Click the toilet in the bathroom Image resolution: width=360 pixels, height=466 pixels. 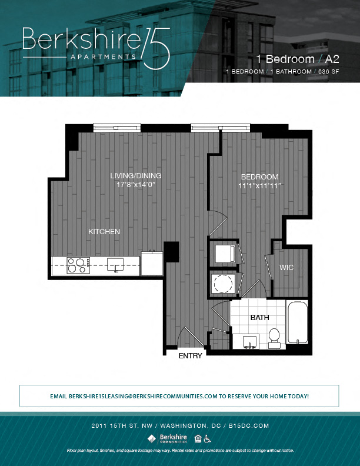[x=274, y=337]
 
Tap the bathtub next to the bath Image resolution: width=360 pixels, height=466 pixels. [x=297, y=322]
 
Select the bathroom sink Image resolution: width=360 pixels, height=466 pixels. [x=248, y=341]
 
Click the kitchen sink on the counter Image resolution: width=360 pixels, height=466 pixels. [x=115, y=264]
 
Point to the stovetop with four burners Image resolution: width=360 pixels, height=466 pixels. [x=78, y=265]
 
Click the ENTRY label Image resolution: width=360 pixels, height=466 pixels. [x=191, y=355]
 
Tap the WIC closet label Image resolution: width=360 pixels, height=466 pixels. [x=286, y=268]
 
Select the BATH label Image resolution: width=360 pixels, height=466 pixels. [x=259, y=317]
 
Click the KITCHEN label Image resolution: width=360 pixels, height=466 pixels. [x=104, y=232]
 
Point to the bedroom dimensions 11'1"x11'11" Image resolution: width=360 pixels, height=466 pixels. [x=259, y=186]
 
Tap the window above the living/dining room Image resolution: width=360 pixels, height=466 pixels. [x=117, y=127]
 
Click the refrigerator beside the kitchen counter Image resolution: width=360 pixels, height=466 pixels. [x=152, y=264]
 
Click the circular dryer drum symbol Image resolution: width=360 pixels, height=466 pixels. [x=223, y=284]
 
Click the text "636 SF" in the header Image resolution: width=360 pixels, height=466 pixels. [x=328, y=71]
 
